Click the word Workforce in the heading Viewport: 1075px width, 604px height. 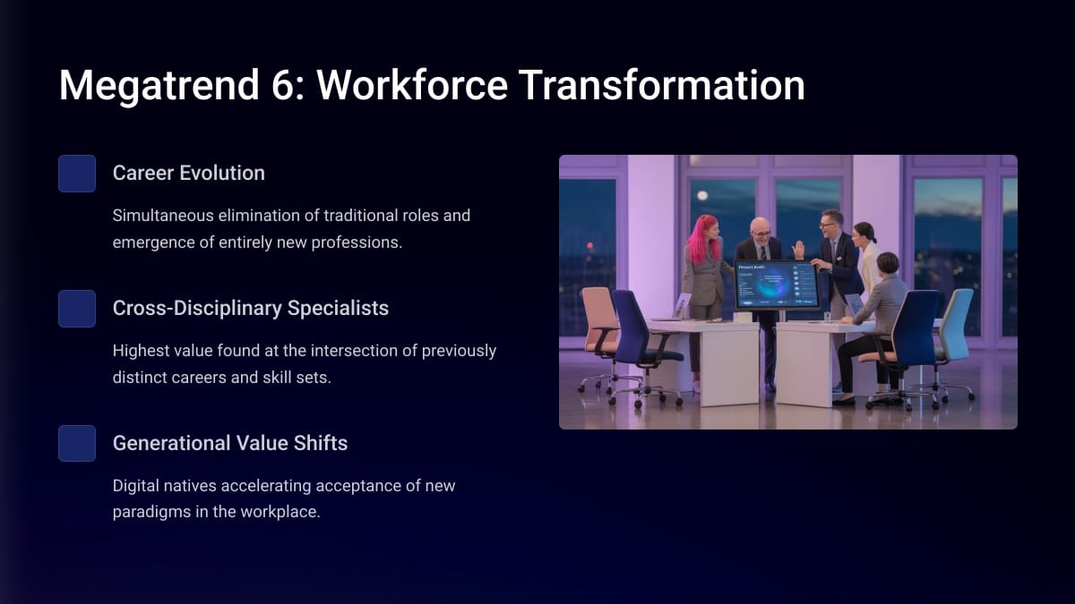click(x=412, y=85)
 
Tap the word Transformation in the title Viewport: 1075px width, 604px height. click(x=661, y=85)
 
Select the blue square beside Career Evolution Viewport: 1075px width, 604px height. click(x=77, y=173)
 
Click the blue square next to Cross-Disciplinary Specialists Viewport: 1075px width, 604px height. click(x=77, y=308)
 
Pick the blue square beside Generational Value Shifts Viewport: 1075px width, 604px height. click(x=77, y=444)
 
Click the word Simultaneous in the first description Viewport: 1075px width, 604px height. click(x=163, y=216)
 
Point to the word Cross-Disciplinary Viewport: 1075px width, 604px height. click(x=197, y=308)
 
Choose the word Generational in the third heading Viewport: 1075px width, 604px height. click(x=171, y=443)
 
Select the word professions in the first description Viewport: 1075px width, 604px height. click(x=357, y=242)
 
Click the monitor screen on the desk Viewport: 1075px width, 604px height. click(x=777, y=285)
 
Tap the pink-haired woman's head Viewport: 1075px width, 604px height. click(x=706, y=229)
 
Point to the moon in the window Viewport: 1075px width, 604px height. click(x=702, y=195)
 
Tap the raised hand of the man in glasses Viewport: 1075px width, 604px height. click(x=798, y=250)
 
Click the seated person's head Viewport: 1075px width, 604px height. click(x=888, y=264)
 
